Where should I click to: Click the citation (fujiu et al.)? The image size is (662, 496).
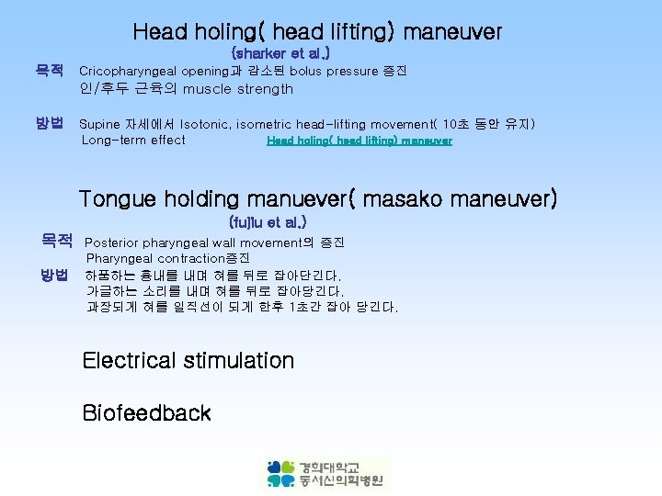click(x=268, y=222)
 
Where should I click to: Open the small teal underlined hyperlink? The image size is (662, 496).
click(x=359, y=141)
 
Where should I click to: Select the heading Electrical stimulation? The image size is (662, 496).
click(x=188, y=360)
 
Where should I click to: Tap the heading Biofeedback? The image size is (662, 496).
click(x=146, y=412)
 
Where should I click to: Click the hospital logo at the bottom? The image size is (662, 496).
click(x=325, y=473)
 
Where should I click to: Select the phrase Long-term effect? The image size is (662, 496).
click(x=133, y=141)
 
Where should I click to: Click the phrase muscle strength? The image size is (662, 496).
click(x=237, y=89)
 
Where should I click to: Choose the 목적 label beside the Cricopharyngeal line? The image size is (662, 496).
click(x=50, y=71)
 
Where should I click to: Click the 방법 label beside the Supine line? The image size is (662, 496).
click(x=50, y=123)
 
